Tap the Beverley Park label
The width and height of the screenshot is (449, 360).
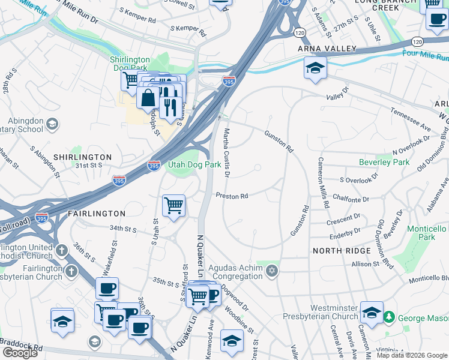[x=384, y=162]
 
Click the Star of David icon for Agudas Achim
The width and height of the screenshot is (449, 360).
[x=272, y=271]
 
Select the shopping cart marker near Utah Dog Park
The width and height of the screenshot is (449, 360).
[x=173, y=206]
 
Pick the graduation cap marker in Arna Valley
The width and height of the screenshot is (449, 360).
[x=315, y=68]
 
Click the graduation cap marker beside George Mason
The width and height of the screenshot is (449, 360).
[x=372, y=313]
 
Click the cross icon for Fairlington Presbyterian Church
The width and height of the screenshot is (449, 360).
[x=71, y=271]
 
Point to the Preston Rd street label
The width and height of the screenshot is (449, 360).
[x=232, y=196]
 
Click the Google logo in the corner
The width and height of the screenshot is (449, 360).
[x=20, y=353]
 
